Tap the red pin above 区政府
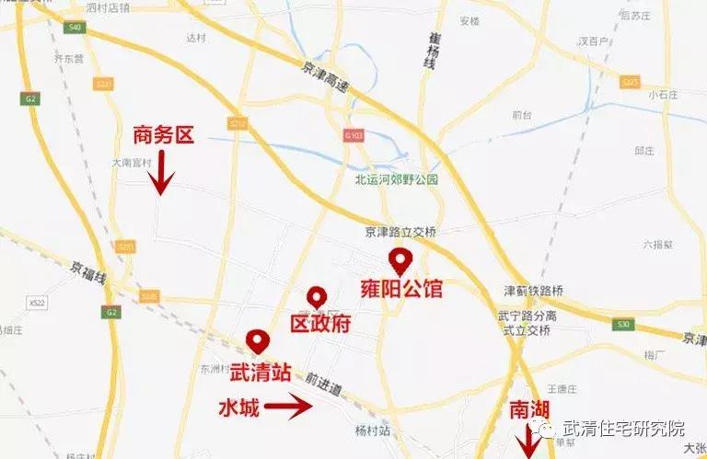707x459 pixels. coord(318,297)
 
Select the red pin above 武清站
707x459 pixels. coord(259,342)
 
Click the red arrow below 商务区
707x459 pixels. coord(162,173)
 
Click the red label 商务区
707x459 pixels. coord(164,136)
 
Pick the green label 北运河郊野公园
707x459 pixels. coord(397,179)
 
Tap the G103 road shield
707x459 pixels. coord(353,135)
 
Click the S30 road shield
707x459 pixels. coord(625,324)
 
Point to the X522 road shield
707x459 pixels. coord(37,302)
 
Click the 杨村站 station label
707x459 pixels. coord(373,430)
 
